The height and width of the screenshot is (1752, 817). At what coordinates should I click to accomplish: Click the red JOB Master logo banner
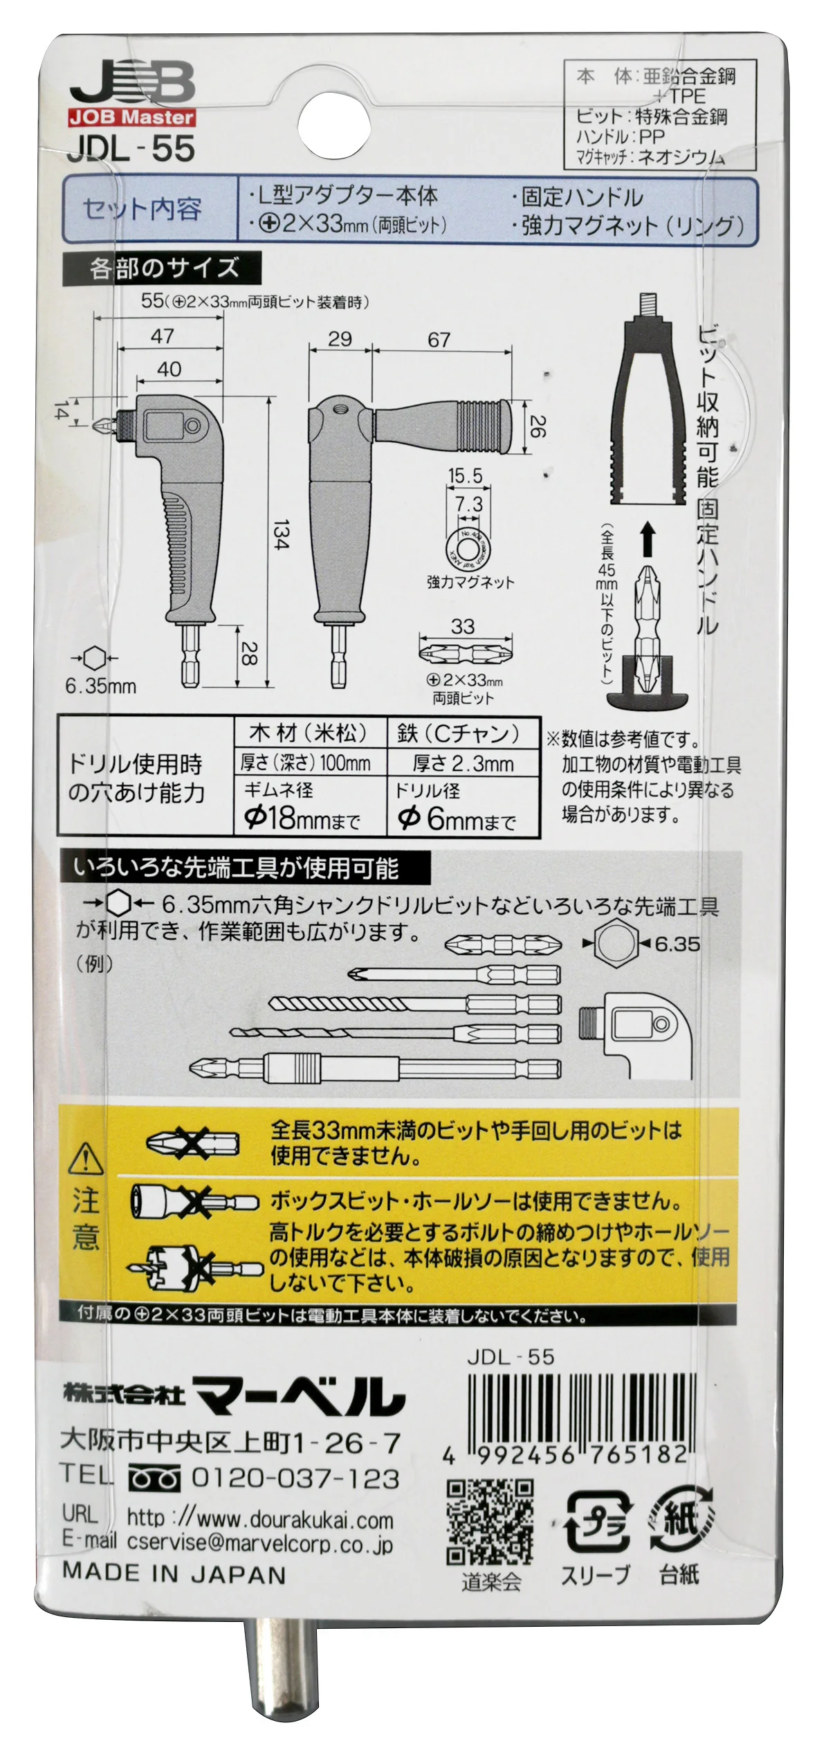[x=131, y=117]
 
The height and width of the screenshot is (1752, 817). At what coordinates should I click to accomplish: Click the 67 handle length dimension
[x=439, y=340]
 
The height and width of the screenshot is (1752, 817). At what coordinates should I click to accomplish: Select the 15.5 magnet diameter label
[x=465, y=476]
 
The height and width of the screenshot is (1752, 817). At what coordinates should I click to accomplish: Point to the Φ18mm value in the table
[x=302, y=819]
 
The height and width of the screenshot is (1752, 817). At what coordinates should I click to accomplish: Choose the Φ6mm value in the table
[x=457, y=819]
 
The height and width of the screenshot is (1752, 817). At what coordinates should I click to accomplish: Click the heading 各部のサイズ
[x=163, y=268]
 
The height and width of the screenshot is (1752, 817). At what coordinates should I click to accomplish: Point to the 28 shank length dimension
[x=247, y=653]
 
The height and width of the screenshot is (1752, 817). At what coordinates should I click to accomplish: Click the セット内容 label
[x=142, y=209]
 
